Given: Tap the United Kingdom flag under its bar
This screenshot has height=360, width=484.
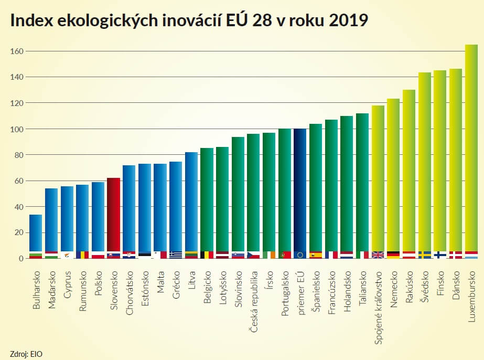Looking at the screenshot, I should coord(378,255).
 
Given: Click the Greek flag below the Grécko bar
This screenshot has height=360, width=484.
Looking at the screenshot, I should coord(176,255).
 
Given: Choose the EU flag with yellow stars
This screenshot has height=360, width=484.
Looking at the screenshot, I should coord(300,255).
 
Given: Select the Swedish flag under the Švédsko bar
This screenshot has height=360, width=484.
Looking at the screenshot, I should coord(424,255).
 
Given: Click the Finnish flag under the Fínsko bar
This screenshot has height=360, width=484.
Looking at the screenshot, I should coord(440,255).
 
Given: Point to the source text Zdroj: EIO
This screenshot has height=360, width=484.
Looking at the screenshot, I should coord(26,353).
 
